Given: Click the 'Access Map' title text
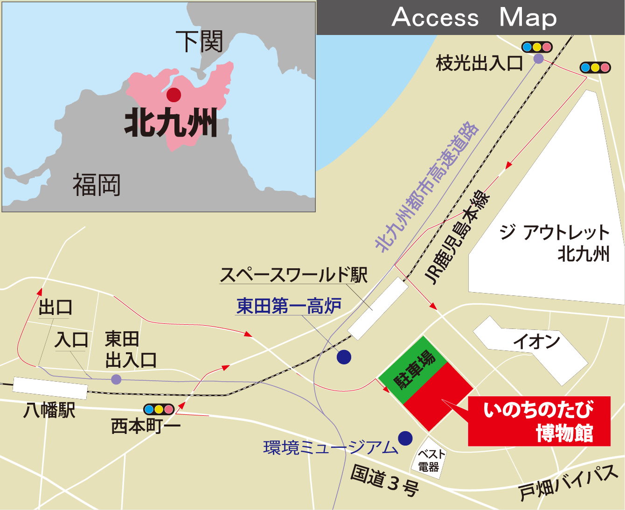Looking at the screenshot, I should (x=474, y=18).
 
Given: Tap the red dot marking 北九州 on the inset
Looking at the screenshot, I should (x=174, y=95).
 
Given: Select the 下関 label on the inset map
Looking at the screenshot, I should (x=199, y=42).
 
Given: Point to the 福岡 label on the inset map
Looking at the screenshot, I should (x=97, y=185).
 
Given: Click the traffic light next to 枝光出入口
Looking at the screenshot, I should (x=537, y=47).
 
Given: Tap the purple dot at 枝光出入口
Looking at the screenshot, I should (x=538, y=59).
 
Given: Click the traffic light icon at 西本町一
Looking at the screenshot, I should (x=159, y=409).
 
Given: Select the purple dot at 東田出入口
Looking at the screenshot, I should (x=116, y=379).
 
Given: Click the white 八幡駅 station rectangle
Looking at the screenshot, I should (x=50, y=388).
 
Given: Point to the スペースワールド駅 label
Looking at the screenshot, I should (x=293, y=275).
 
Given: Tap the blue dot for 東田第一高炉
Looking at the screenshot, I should (x=344, y=357).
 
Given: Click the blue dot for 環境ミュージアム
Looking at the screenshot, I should (x=405, y=438).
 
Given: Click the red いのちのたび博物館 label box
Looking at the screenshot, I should (x=539, y=421).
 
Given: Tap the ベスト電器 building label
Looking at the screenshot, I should (x=429, y=461).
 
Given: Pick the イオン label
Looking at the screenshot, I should (x=536, y=342).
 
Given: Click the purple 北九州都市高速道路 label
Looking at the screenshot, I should (x=427, y=187).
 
